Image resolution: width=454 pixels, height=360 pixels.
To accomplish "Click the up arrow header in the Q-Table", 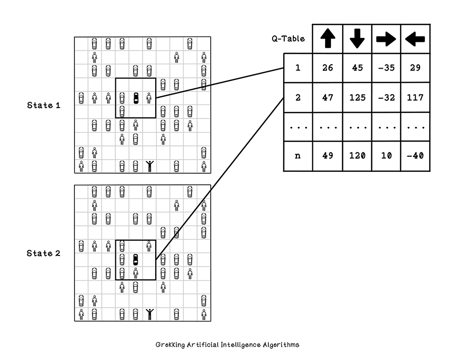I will pyautogui.click(x=327, y=38).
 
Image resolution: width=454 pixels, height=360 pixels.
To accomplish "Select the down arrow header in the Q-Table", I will pyautogui.click(x=357, y=38).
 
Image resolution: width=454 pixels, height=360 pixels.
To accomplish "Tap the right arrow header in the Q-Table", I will pyautogui.click(x=386, y=39).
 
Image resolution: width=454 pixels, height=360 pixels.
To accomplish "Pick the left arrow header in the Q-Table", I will pyautogui.click(x=415, y=39).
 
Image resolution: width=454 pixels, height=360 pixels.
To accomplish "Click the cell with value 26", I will pyautogui.click(x=327, y=68).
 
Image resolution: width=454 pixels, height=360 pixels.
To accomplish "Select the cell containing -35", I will pyautogui.click(x=386, y=68).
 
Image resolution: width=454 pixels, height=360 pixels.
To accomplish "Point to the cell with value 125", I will pyautogui.click(x=357, y=98).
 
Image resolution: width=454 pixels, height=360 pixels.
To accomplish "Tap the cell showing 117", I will pyautogui.click(x=415, y=98).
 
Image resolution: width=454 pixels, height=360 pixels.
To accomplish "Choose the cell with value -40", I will pyautogui.click(x=415, y=156).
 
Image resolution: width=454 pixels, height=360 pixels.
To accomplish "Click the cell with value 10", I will pyautogui.click(x=386, y=156).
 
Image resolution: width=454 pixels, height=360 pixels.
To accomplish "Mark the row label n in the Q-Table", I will pyautogui.click(x=298, y=156).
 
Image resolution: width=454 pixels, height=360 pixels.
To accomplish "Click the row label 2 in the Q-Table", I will pyautogui.click(x=298, y=98).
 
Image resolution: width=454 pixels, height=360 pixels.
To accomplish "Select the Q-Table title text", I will pyautogui.click(x=288, y=39).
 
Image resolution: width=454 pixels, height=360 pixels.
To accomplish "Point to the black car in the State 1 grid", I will pyautogui.click(x=136, y=98).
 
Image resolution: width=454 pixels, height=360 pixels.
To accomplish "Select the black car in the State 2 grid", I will pyautogui.click(x=136, y=259).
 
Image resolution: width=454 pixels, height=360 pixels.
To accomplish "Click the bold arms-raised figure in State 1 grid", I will pyautogui.click(x=149, y=166).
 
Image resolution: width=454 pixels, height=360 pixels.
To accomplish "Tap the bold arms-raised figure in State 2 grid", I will pyautogui.click(x=149, y=314).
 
